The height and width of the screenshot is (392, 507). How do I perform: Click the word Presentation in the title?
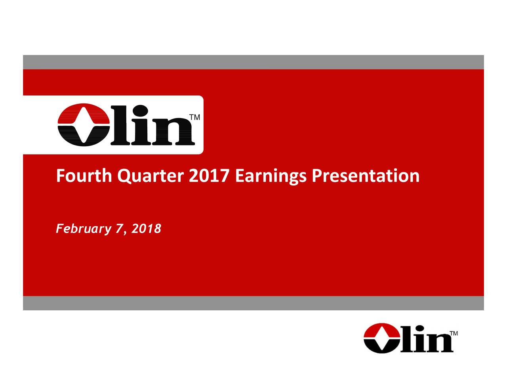tap(365, 176)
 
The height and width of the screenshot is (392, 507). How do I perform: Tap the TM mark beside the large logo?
tap(195, 118)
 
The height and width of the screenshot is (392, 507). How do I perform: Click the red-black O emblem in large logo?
tap(82, 125)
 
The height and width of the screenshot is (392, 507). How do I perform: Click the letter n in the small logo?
tap(440, 341)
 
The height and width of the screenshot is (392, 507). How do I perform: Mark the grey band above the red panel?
tap(253, 62)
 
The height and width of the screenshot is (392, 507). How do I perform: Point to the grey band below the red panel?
tap(253, 303)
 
